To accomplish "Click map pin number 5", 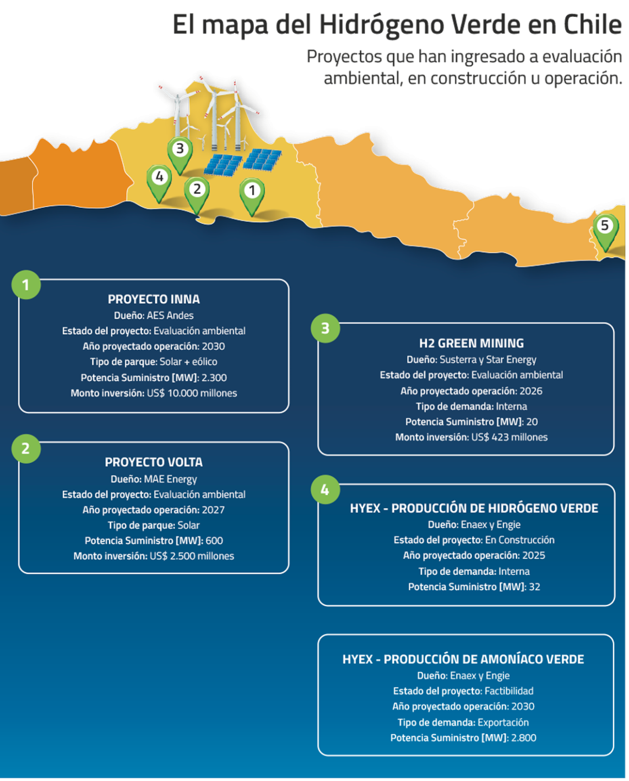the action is (x=605, y=232).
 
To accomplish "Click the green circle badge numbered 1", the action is (x=26, y=285).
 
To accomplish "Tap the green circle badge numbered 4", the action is (x=325, y=490).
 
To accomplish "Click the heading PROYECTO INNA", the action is (x=154, y=299).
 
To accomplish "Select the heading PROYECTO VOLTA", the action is (x=154, y=462).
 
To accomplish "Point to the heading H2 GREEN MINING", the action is (x=471, y=343).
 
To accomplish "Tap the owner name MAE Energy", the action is (x=171, y=479).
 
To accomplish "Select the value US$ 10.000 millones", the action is (x=192, y=393).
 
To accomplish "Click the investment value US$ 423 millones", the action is (x=510, y=437).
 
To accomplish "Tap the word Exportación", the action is (x=503, y=722).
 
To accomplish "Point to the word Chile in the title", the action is (x=593, y=25).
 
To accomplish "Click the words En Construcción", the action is (x=520, y=540).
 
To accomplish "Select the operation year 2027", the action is (x=214, y=510).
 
